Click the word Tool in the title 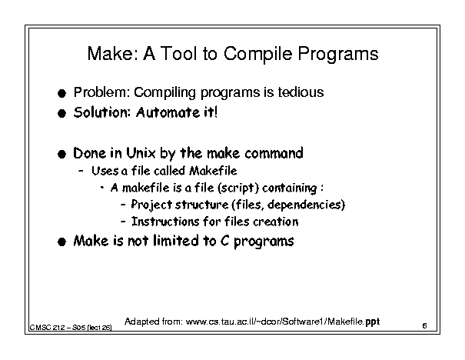click(178, 54)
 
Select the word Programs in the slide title click(338, 55)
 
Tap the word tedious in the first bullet click(301, 92)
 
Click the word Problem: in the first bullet click(101, 92)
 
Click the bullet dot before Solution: click(61, 113)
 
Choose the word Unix click(141, 153)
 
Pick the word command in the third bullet click(274, 153)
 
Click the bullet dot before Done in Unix click(61, 154)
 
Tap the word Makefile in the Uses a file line click(213, 171)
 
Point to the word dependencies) click(307, 205)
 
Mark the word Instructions click(165, 222)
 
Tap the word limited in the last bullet click(176, 241)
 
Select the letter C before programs click(224, 241)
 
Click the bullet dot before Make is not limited click(61, 242)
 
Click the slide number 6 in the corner click(424, 326)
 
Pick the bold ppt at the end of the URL click(373, 322)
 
